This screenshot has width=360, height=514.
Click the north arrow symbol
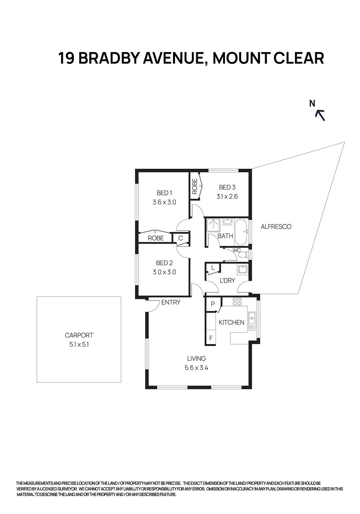coord(320,115)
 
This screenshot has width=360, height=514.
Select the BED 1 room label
coord(164,193)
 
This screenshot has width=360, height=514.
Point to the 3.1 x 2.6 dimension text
coord(227,197)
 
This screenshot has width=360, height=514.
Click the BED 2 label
coord(164,263)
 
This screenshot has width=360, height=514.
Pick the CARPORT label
coord(79,335)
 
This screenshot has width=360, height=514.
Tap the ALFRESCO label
coord(276,227)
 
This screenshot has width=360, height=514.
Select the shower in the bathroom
coord(213,225)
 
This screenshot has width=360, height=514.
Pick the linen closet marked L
coord(213,268)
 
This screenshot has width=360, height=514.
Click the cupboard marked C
coord(181,238)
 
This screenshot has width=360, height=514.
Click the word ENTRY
coord(171,302)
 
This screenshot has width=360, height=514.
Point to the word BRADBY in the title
coord(109,58)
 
